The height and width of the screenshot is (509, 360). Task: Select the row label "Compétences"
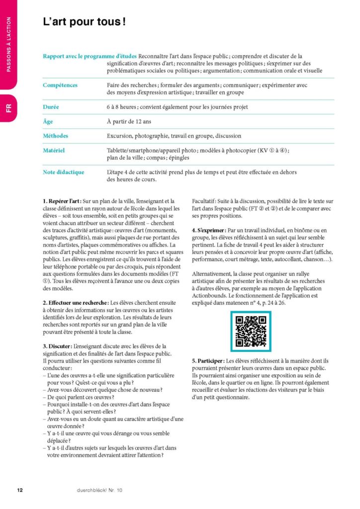point(60,85)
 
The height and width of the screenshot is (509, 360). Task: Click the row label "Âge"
point(48,121)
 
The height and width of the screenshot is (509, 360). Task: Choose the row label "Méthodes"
point(56,136)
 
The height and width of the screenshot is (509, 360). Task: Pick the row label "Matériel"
point(54,150)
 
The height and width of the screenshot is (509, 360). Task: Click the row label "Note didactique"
point(64,172)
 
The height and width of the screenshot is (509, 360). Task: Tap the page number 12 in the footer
point(20,490)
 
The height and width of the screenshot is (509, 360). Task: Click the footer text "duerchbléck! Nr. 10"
point(99,490)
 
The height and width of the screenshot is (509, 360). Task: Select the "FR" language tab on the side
point(9,108)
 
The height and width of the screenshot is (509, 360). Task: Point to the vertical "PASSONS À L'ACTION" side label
point(9,45)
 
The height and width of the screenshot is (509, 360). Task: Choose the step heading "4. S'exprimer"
point(208,231)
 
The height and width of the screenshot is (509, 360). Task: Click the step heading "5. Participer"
point(208,360)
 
